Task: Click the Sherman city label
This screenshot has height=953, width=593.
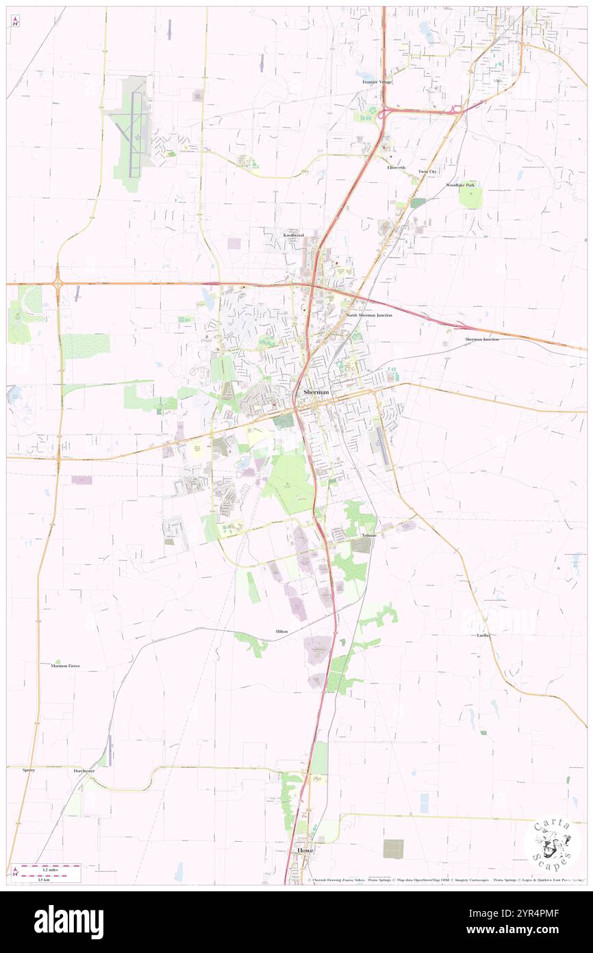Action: coord(316,391)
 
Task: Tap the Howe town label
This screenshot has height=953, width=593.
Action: coord(305,850)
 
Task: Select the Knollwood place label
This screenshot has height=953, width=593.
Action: coord(294,235)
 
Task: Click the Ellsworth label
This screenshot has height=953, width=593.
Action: coord(396,167)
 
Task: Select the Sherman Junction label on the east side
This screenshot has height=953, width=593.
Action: coord(482,339)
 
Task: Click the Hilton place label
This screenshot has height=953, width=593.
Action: coord(281,631)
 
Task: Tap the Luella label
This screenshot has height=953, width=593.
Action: coord(483,636)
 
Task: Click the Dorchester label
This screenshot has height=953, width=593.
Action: coord(84,771)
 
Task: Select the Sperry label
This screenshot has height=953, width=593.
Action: coord(28,770)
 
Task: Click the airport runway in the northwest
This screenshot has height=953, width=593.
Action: coord(137,123)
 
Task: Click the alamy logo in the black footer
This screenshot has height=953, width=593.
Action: coord(68,922)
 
